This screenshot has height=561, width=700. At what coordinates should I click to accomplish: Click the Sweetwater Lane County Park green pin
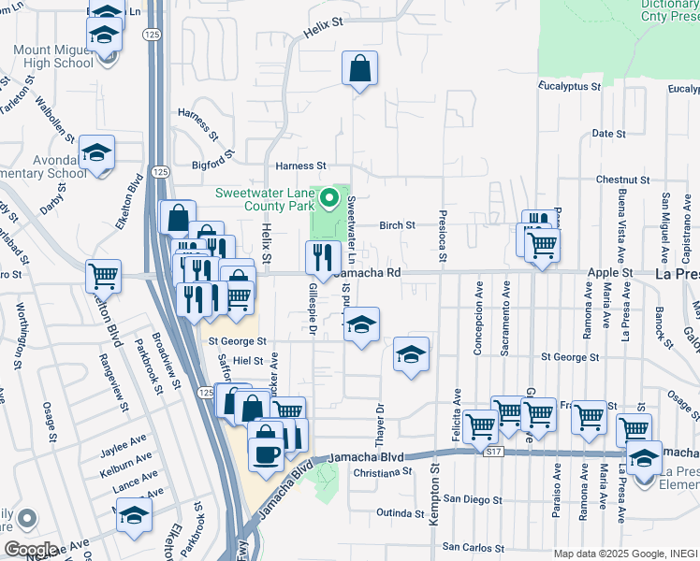[x=328, y=198]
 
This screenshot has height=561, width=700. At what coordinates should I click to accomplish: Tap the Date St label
[x=608, y=134]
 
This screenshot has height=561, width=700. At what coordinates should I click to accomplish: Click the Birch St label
[x=397, y=225]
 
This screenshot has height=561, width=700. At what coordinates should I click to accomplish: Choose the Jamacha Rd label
[x=368, y=272]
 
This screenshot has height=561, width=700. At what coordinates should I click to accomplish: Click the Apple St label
[x=610, y=273]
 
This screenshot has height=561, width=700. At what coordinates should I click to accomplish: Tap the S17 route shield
[x=494, y=451]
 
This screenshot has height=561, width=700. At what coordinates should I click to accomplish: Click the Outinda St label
[x=401, y=513]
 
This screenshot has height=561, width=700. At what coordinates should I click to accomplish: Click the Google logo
[x=31, y=549]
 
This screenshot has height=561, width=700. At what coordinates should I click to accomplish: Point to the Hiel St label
[x=249, y=360]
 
